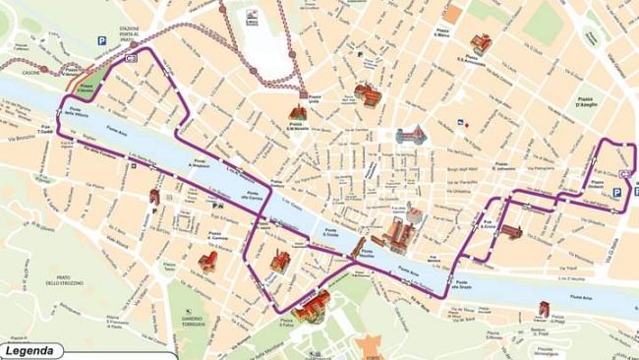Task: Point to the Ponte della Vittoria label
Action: coord(77,111)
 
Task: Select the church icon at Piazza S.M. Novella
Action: coord(297,110)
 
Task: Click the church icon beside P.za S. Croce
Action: coord(511,232)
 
